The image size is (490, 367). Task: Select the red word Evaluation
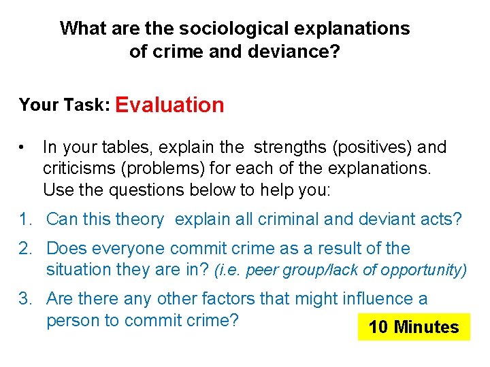169,105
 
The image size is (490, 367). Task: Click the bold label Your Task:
65,105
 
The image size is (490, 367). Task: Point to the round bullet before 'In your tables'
23,147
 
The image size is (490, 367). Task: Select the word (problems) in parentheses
165,168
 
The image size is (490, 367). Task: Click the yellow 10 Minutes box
414,327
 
